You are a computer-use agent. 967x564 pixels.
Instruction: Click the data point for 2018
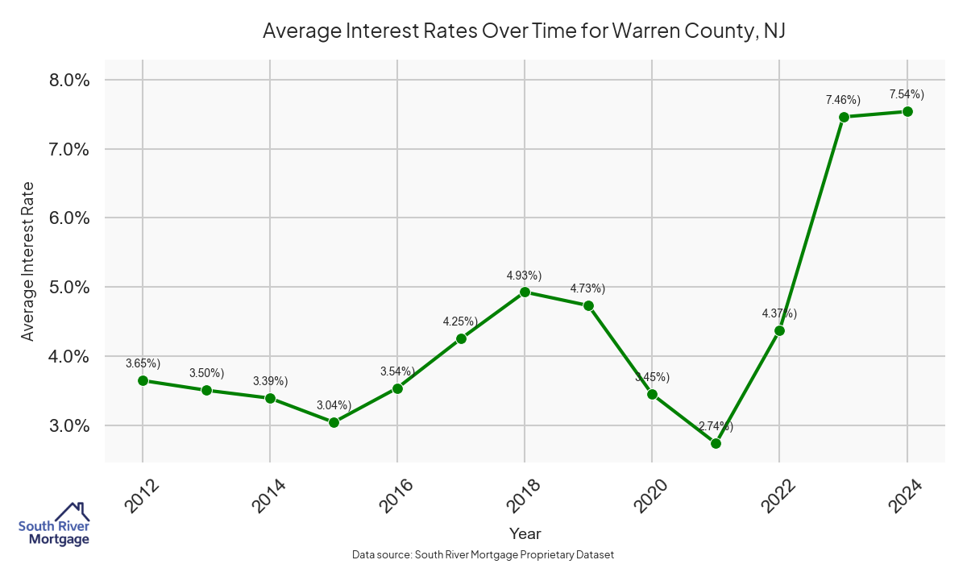525,292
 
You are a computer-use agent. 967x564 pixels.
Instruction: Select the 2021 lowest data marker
716,443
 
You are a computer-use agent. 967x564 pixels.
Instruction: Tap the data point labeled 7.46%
844,117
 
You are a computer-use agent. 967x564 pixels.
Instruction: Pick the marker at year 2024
907,111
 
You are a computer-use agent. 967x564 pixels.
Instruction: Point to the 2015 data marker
334,422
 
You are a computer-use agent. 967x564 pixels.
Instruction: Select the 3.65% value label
143,364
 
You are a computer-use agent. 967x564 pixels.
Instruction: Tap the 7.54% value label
907,94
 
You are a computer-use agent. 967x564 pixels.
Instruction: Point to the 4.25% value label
460,321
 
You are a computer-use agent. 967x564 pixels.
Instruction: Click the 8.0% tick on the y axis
69,81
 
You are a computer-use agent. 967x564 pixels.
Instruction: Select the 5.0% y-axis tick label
69,288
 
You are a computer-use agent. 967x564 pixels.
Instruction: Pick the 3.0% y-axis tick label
69,425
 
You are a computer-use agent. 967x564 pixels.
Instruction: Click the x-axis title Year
525,533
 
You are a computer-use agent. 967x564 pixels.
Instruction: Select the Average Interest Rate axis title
28,260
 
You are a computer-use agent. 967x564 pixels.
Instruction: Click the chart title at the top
524,31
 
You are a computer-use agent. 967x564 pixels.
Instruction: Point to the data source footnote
483,554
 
